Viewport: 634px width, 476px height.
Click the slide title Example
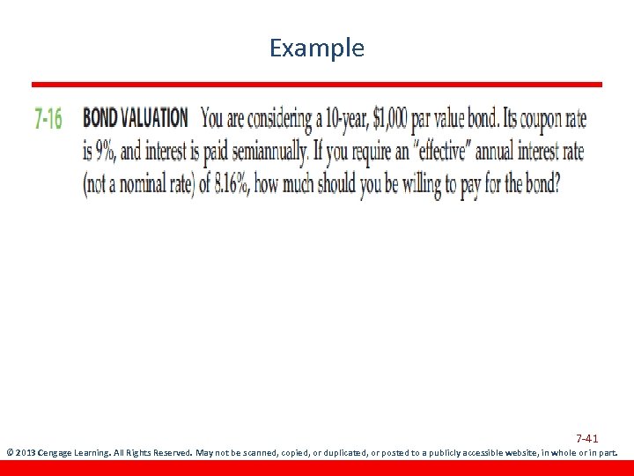pyautogui.click(x=316, y=48)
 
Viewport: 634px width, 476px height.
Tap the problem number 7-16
pyautogui.click(x=48, y=119)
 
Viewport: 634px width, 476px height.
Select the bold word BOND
pyautogui.click(x=101, y=117)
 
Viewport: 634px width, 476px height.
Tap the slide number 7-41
pyautogui.click(x=587, y=438)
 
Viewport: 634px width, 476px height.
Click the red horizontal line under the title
pyautogui.click(x=317, y=85)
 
